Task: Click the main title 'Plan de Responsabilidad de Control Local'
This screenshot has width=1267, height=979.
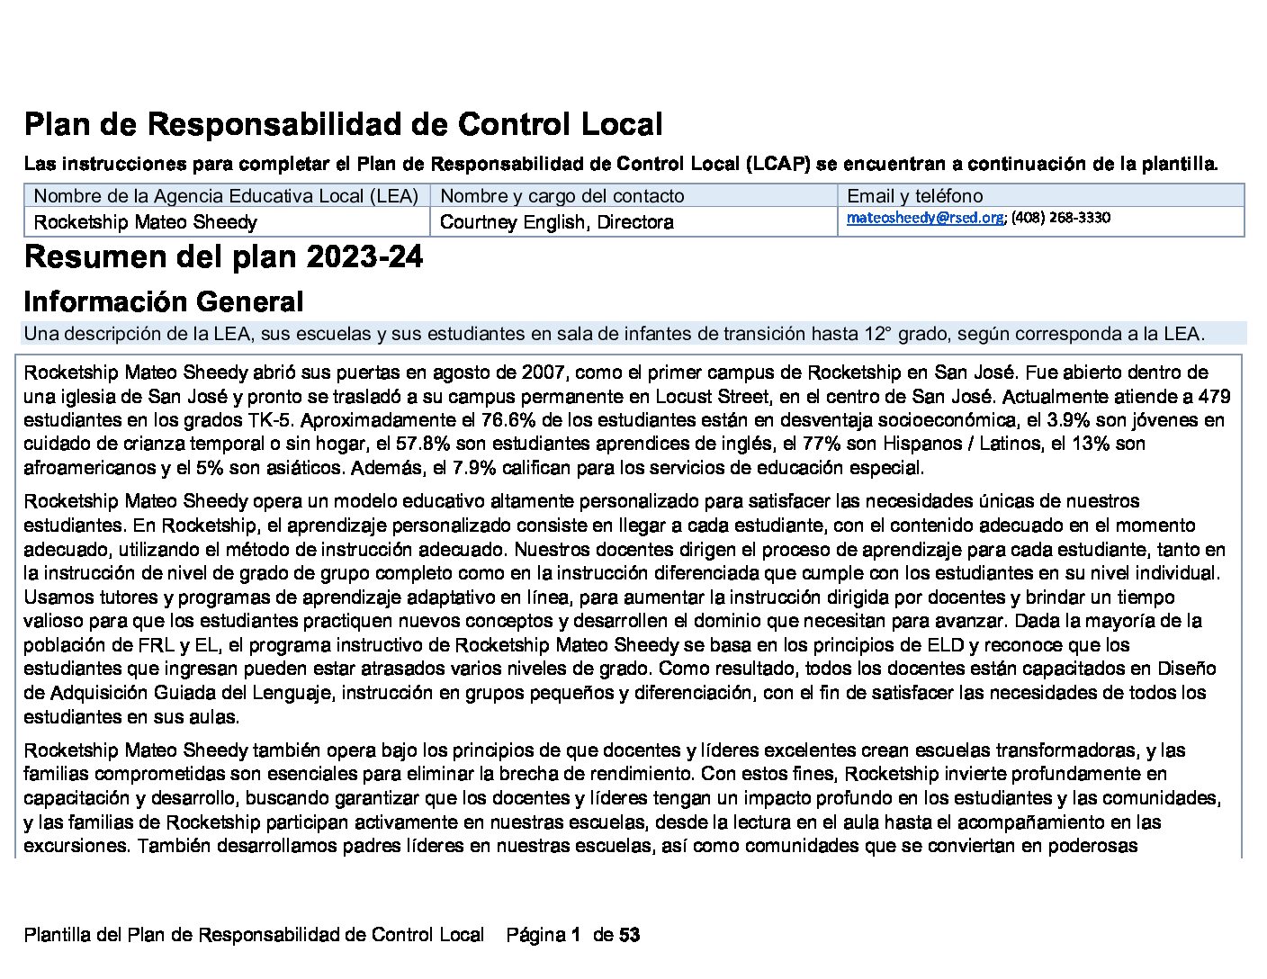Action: click(x=343, y=124)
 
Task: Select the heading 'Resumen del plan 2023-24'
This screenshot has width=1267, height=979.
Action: click(x=223, y=257)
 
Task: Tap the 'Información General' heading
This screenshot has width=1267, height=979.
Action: click(x=163, y=301)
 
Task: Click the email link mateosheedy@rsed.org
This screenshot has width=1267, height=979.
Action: click(x=924, y=218)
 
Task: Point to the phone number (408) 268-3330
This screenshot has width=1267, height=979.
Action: click(x=1061, y=218)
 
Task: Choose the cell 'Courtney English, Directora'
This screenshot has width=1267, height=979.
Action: click(x=556, y=222)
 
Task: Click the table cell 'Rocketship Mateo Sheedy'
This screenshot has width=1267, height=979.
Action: click(x=145, y=222)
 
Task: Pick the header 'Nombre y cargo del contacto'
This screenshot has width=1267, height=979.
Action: click(x=562, y=196)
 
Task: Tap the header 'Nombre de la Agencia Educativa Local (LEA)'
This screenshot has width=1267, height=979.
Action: click(x=226, y=196)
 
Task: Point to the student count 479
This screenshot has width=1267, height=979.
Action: click(x=1214, y=397)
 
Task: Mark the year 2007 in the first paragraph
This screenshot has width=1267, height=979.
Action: click(x=549, y=373)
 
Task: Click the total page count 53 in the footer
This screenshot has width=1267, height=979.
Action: click(x=630, y=935)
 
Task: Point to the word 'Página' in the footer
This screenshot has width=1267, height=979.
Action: click(x=536, y=935)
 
